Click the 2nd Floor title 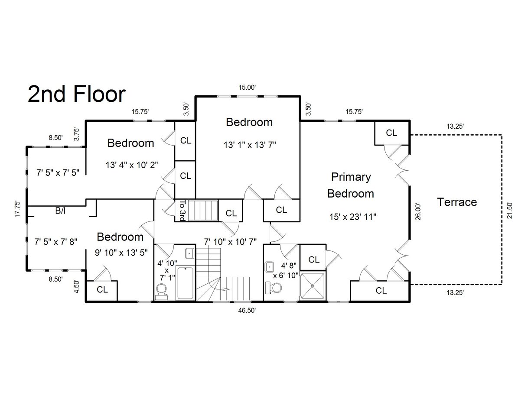76,94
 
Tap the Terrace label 457,202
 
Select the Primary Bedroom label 351,185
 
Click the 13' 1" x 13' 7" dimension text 250,145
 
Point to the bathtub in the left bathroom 185,283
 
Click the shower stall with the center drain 313,286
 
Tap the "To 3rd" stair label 183,210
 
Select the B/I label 60,211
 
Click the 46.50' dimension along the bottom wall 247,310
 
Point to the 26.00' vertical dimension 418,212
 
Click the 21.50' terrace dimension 509,211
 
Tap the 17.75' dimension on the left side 17,209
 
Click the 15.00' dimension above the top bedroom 247,88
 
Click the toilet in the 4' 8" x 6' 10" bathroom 273,288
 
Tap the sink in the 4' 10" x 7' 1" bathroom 189,253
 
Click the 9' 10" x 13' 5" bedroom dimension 121,253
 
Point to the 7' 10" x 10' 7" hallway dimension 230,242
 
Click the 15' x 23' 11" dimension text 352,217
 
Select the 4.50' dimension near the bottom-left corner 76,286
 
